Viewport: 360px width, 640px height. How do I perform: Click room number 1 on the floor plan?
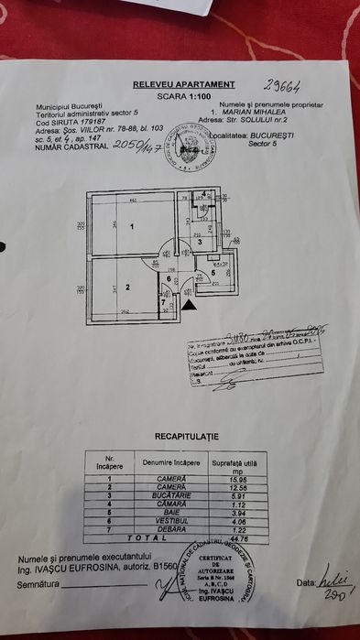tap(132, 227)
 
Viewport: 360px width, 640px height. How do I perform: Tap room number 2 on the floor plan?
tap(127, 287)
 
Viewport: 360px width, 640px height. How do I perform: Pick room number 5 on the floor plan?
tap(213, 273)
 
